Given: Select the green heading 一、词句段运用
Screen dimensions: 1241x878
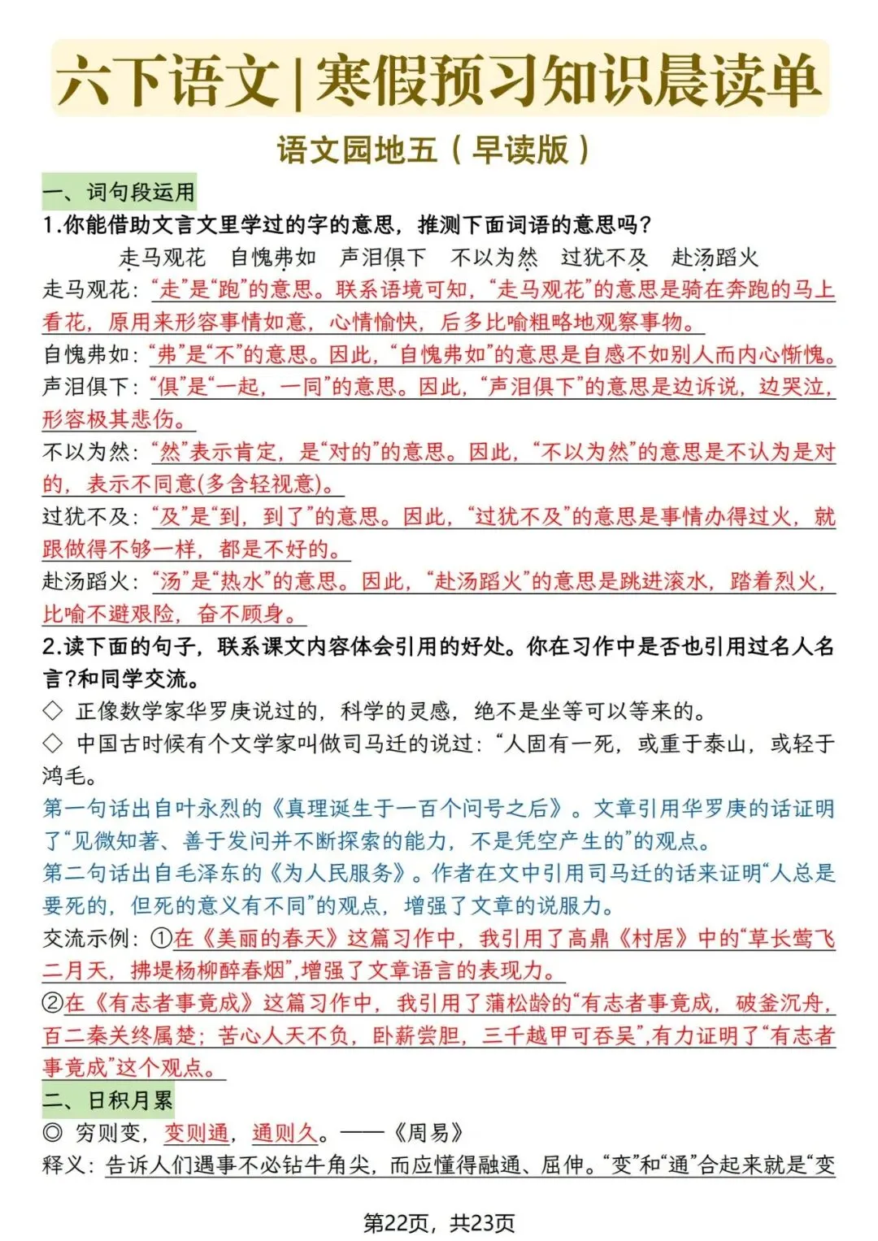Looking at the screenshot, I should click(119, 192).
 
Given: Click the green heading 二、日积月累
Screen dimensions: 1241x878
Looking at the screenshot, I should click(108, 1100).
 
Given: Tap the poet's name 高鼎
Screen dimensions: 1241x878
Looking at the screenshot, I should click(589, 939).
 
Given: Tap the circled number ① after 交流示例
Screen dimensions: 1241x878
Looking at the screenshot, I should click(162, 939).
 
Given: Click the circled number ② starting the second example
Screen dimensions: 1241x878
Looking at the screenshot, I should click(53, 1004).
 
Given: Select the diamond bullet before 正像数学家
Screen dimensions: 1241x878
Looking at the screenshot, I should click(53, 712).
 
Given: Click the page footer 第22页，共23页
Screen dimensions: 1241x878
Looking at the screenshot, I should click(439, 1222).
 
